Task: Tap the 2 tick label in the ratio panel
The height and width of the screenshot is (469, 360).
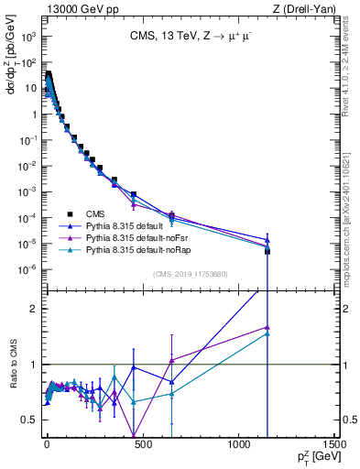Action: [34, 309]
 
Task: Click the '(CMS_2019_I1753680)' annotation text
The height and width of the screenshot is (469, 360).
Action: [190, 274]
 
